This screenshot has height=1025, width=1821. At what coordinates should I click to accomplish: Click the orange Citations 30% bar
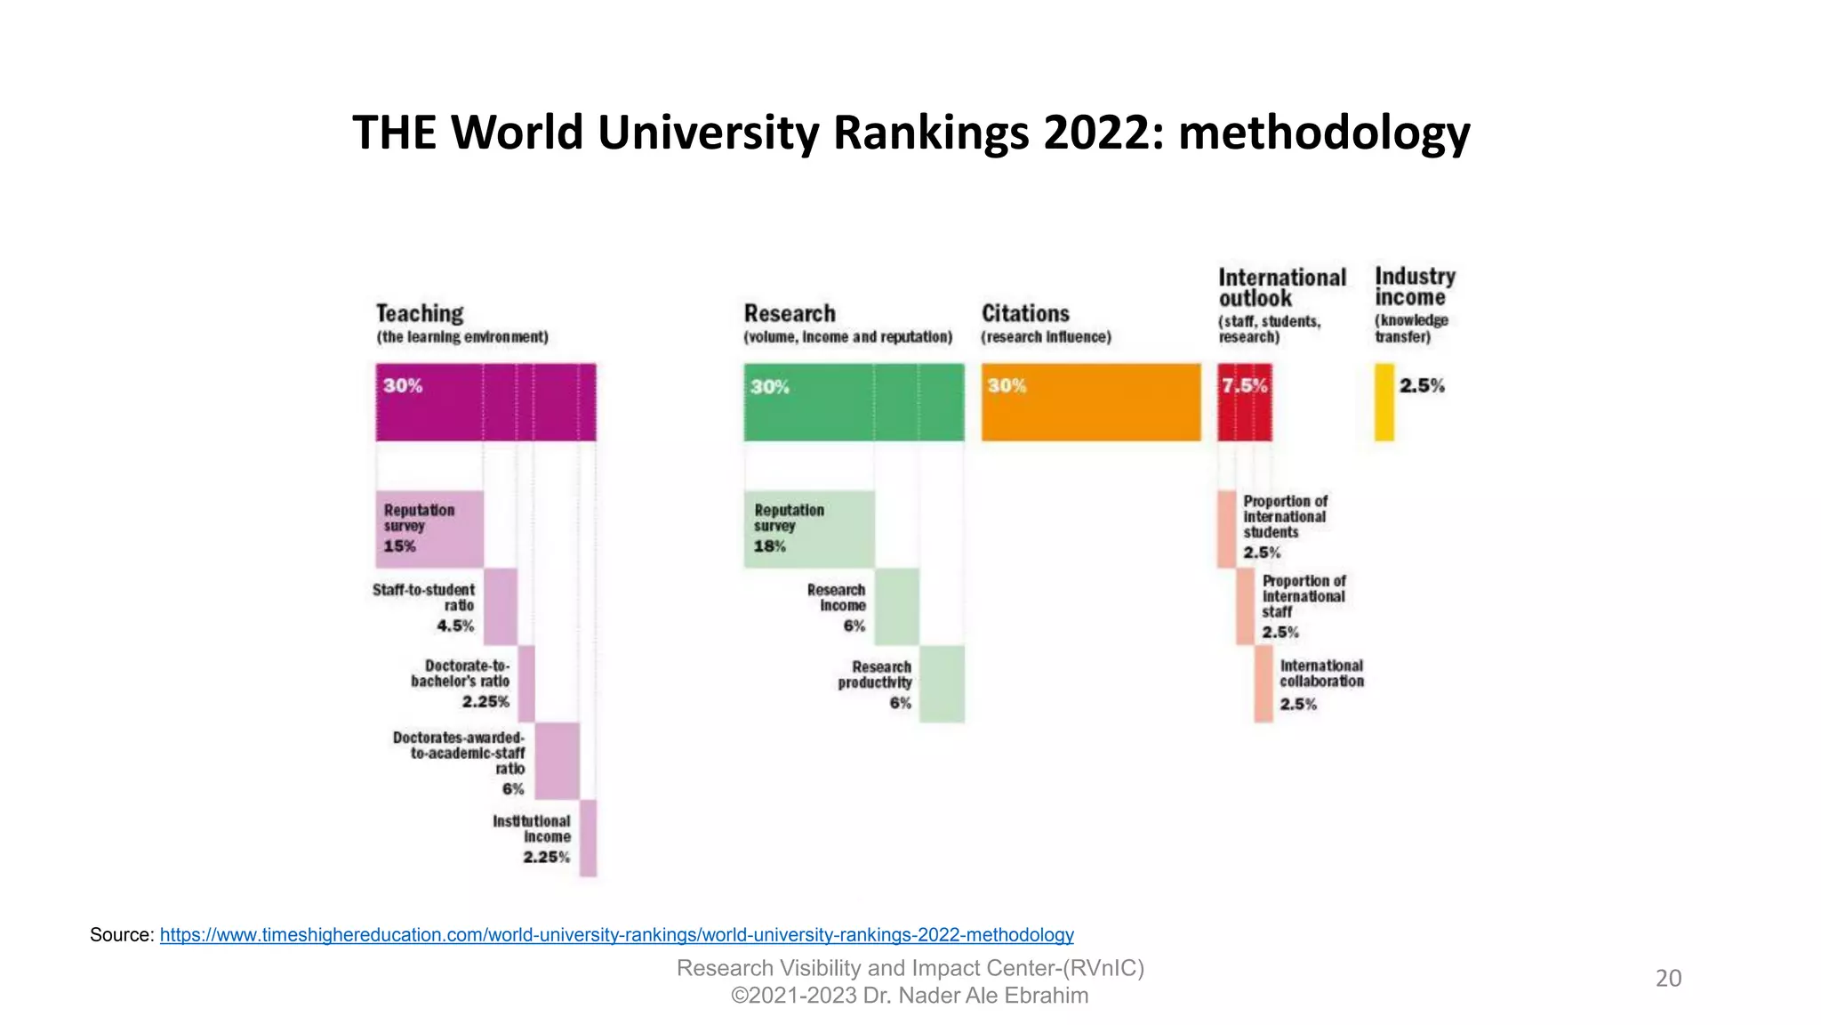click(1091, 402)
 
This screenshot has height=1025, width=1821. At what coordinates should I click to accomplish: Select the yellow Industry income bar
click(1384, 402)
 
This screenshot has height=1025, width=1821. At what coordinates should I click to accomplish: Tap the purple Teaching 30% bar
click(485, 402)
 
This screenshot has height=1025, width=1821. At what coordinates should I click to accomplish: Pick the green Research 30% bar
click(854, 402)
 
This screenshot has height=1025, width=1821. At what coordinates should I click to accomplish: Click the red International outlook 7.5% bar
click(1244, 402)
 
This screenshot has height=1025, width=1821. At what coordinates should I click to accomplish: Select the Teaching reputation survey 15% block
click(429, 529)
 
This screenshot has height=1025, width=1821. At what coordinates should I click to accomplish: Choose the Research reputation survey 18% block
click(808, 529)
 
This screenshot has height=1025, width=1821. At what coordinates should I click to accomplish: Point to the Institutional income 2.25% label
click(533, 838)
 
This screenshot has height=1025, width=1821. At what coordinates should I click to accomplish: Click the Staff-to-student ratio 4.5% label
click(424, 607)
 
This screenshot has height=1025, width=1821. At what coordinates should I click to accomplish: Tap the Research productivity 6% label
click(876, 683)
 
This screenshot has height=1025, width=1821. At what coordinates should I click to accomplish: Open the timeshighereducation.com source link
click(616, 935)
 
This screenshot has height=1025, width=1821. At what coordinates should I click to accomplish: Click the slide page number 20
click(1668, 978)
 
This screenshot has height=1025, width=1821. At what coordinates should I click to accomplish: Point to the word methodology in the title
click(1324, 133)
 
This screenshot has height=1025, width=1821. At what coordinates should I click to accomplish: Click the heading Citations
click(1025, 313)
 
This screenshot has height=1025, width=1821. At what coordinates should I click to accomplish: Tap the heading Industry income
click(1415, 287)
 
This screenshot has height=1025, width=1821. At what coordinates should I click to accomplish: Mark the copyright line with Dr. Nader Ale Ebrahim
click(910, 996)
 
